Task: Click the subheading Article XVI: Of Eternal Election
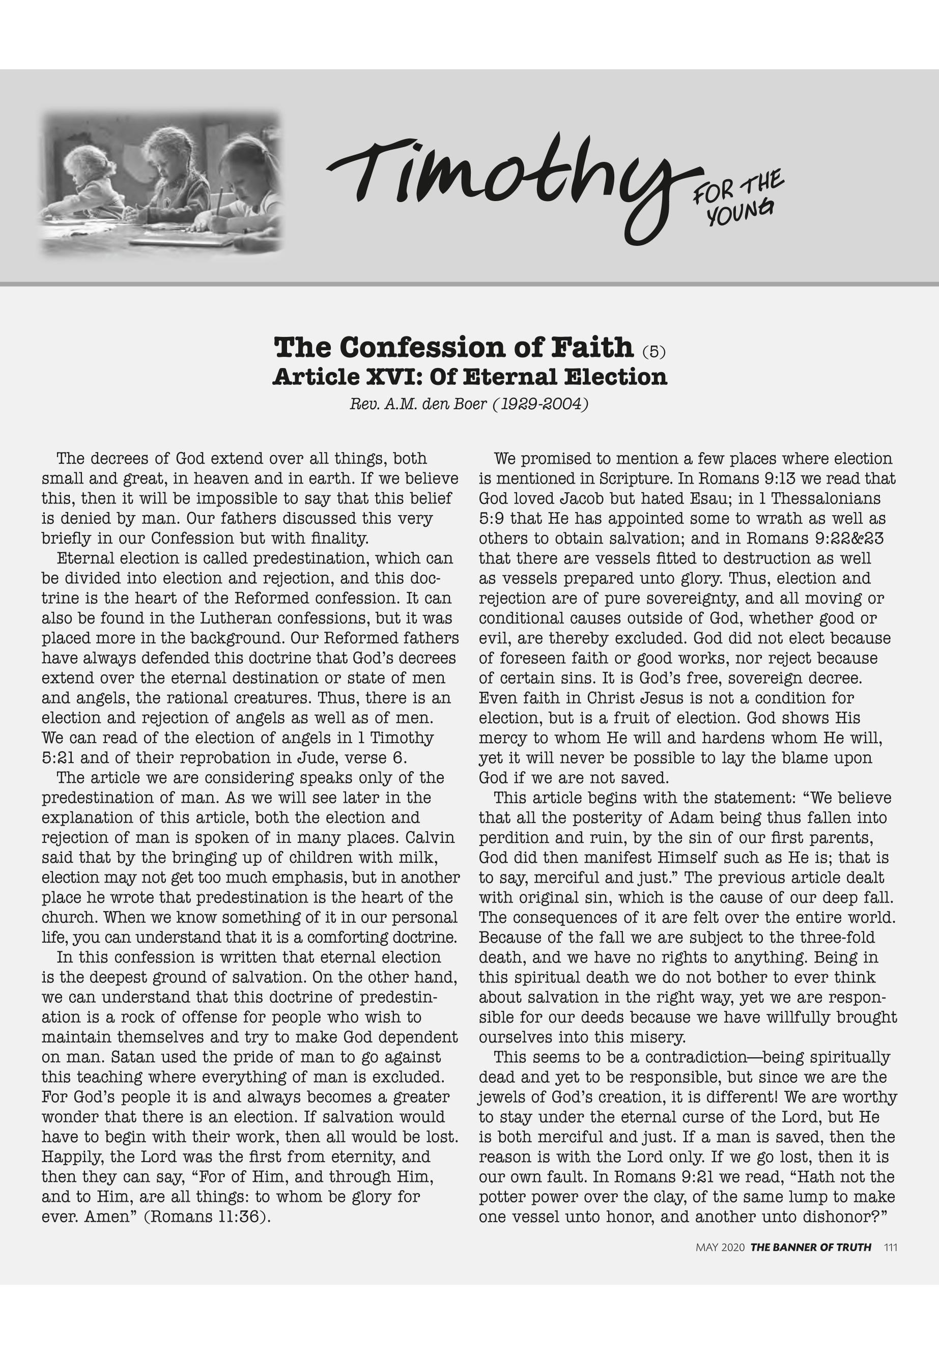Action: click(x=469, y=377)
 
